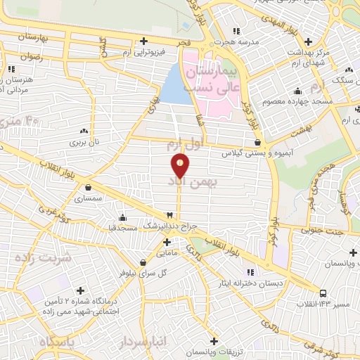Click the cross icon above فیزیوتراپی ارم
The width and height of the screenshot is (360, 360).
pyautogui.click(x=143, y=40)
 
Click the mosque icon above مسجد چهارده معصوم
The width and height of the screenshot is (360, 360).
pyautogui.click(x=298, y=91)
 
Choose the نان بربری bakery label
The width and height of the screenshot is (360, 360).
pyautogui.click(x=85, y=142)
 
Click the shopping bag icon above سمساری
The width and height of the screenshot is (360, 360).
pyautogui.click(x=88, y=188)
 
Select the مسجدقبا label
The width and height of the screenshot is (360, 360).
pyautogui.click(x=122, y=228)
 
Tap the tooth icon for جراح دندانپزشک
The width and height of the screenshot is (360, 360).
pyautogui.click(x=169, y=215)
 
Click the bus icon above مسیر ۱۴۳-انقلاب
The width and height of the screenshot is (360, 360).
pyautogui.click(x=322, y=292)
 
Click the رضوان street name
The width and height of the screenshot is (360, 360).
pyautogui.click(x=31, y=55)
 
